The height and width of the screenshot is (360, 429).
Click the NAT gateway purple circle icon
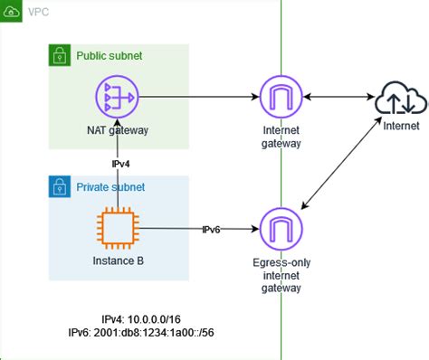coord(119,97)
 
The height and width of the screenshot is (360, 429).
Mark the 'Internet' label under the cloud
coord(400,126)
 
